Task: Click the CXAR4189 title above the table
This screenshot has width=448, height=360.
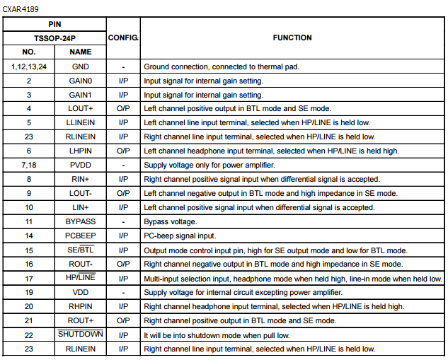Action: [x=21, y=9]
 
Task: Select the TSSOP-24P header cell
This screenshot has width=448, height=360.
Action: [x=54, y=37]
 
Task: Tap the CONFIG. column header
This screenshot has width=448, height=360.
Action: [x=123, y=37]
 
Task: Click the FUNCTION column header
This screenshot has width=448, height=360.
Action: [x=292, y=37]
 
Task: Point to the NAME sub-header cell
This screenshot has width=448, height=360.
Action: [x=81, y=52]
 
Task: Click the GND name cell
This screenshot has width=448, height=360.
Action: [x=81, y=66]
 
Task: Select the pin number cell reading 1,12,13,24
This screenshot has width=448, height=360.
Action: [x=29, y=66]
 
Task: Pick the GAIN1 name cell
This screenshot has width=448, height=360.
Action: [x=81, y=95]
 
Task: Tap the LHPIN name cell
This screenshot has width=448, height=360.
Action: [x=81, y=151]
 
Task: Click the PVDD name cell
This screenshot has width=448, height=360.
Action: [x=81, y=165]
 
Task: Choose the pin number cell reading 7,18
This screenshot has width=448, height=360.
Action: [x=29, y=165]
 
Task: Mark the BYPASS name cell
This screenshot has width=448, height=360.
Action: [x=81, y=221]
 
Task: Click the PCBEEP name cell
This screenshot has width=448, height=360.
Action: [x=81, y=236]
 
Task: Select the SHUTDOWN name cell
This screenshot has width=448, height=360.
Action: [x=81, y=335]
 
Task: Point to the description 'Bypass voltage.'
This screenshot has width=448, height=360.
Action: [x=171, y=221]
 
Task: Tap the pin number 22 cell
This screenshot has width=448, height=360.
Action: [x=29, y=335]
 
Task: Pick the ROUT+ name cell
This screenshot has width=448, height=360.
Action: [x=81, y=320]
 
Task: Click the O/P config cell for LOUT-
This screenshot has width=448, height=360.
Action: [x=123, y=193]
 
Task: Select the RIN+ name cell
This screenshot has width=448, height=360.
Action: [x=81, y=179]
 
